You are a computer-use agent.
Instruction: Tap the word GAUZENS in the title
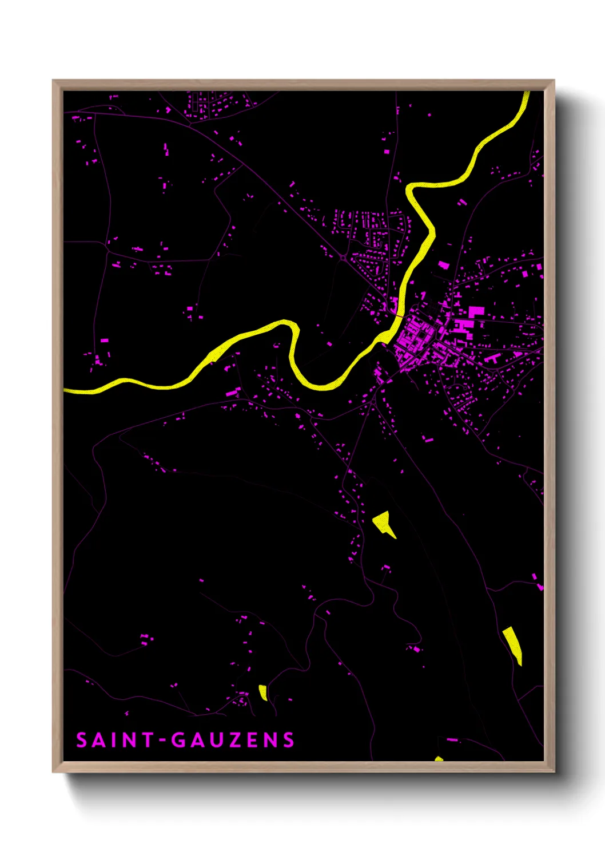[x=233, y=740]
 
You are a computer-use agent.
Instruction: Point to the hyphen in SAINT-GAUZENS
[x=162, y=741]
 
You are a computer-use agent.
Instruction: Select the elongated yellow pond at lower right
[x=513, y=644]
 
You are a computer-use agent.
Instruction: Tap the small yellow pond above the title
[x=262, y=692]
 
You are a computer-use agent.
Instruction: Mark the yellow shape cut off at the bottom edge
[x=439, y=759]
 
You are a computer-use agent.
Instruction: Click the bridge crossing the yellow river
[x=398, y=314]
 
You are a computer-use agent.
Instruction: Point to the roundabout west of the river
[x=343, y=259]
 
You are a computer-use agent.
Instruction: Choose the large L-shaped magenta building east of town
[x=475, y=312]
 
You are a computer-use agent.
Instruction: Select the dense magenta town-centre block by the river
[x=415, y=338]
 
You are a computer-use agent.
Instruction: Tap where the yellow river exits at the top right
[x=526, y=94]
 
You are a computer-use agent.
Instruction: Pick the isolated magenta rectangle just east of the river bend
[x=443, y=265]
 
